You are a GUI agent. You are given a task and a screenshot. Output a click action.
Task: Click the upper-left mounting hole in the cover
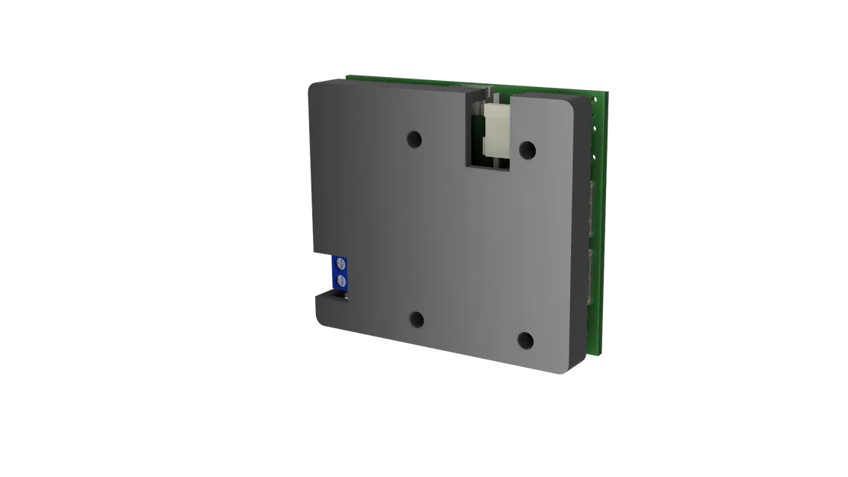(x=414, y=139)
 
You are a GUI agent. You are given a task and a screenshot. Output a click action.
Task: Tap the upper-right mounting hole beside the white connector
(x=526, y=147)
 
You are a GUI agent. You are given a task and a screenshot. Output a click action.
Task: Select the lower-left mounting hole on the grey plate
(x=416, y=320)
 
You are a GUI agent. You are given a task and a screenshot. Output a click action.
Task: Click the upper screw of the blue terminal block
(x=341, y=266)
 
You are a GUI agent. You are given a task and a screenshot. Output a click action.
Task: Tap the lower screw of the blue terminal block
(x=342, y=283)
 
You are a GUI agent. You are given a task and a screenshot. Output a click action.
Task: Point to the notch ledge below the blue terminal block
(x=330, y=296)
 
